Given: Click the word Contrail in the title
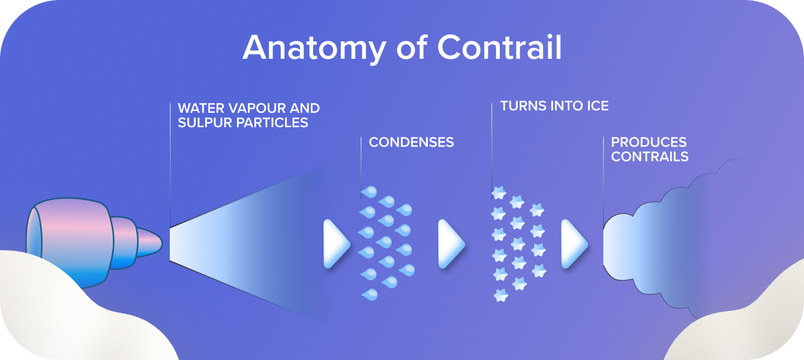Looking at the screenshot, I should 499,47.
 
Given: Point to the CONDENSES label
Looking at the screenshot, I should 411,142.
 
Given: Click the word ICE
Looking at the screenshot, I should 596,106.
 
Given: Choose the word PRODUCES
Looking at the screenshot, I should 649,143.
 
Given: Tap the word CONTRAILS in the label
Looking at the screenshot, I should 650,157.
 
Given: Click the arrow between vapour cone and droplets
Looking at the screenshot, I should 335,244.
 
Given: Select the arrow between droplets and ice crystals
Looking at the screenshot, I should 451,244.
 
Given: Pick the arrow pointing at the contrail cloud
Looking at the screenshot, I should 574,244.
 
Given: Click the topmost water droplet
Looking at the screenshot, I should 369,192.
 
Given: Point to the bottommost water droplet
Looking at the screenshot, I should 370,294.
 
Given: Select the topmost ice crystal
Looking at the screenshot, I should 499,193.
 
